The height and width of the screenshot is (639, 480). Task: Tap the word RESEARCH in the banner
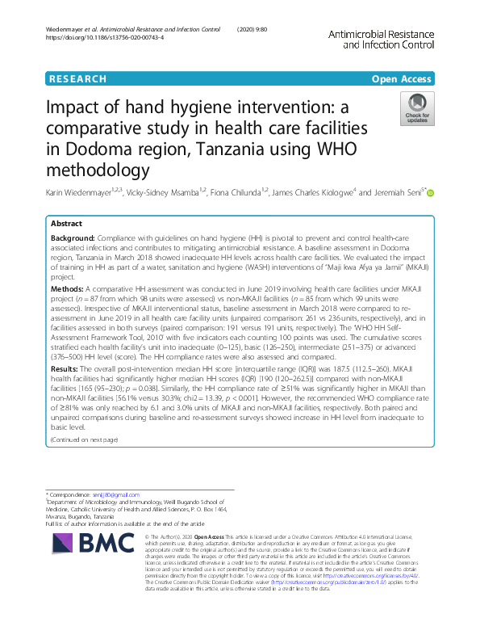tap(77, 79)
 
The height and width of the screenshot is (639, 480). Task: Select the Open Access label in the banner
tap(400, 79)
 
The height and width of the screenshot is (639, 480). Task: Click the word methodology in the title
tap(102, 170)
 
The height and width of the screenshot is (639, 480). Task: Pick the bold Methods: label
tap(66, 288)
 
